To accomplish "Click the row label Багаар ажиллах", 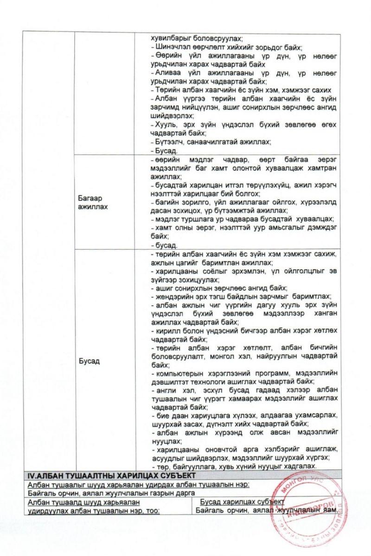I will pos(93,202).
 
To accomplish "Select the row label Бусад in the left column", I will pos(89,361).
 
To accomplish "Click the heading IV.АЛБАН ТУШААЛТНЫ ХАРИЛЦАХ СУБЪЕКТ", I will pos(111,475).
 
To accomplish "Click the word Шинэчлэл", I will pos(170,48).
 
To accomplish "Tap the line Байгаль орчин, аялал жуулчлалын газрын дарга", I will pos(111,493).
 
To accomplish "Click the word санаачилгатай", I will pos(209,142).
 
